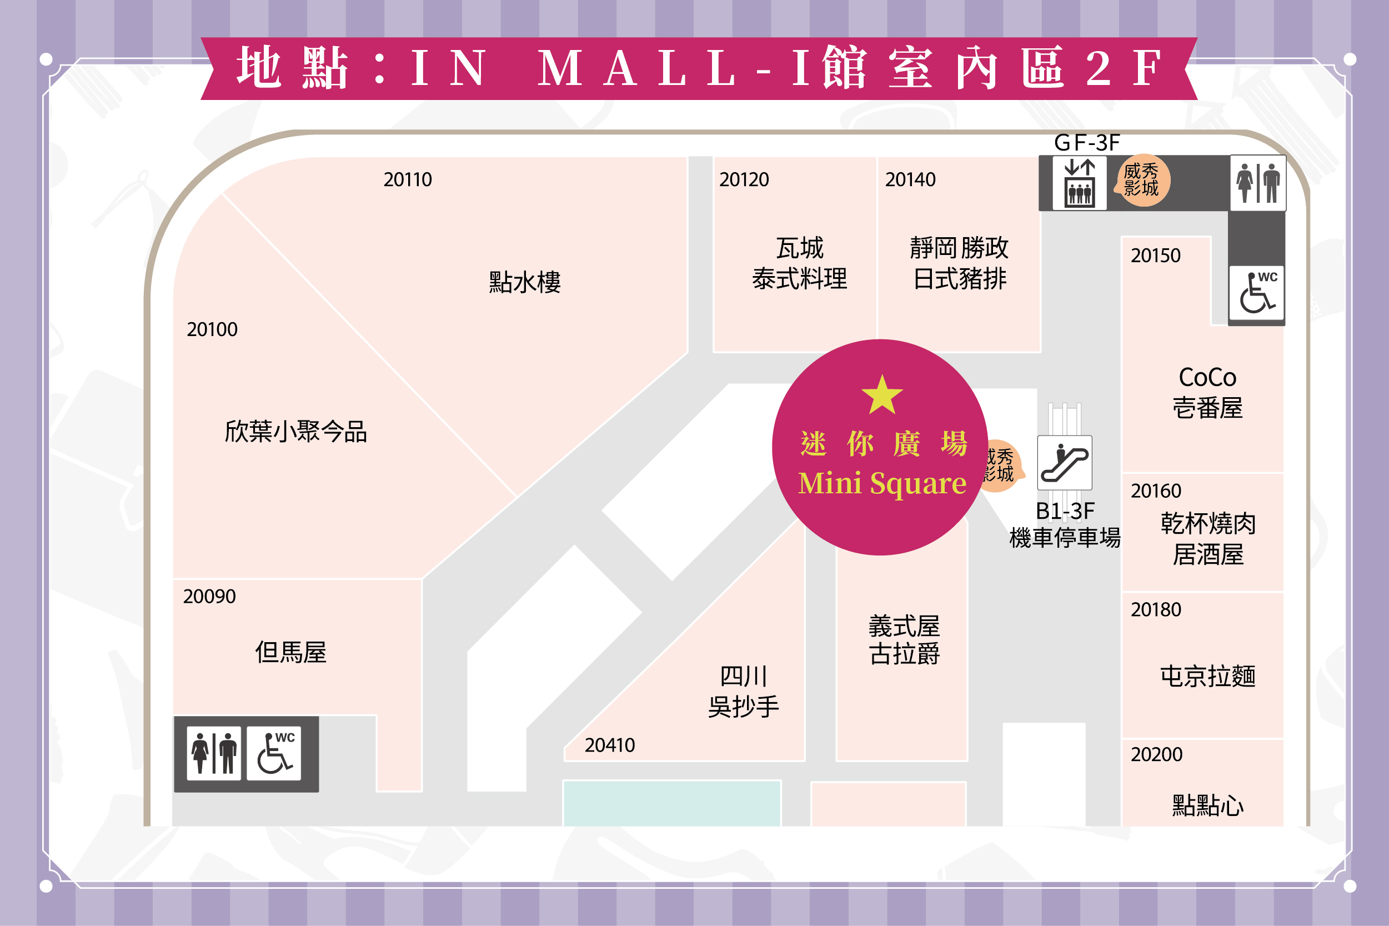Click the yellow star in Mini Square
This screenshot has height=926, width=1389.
click(881, 394)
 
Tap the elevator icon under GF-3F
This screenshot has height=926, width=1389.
click(1079, 183)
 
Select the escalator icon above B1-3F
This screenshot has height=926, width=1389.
click(1064, 462)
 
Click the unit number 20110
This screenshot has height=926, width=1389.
click(407, 179)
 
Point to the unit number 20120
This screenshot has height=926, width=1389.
click(744, 179)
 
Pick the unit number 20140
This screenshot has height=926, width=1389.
click(910, 179)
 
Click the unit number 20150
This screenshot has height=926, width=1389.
click(1155, 256)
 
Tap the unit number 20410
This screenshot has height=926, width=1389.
click(609, 745)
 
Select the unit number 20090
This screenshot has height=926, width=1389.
click(209, 597)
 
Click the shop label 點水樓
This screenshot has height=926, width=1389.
click(524, 282)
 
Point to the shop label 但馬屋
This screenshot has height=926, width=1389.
click(290, 653)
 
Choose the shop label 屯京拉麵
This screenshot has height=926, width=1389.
click(1207, 676)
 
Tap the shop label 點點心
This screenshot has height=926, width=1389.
click(1207, 805)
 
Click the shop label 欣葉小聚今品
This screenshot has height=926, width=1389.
click(296, 432)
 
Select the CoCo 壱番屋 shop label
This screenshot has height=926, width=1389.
click(1207, 393)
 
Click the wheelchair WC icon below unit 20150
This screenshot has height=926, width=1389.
click(1257, 293)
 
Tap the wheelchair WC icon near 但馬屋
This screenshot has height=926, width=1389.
click(274, 753)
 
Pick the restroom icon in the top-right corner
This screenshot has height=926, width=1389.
click(1257, 183)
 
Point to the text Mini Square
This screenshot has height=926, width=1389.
click(882, 484)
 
